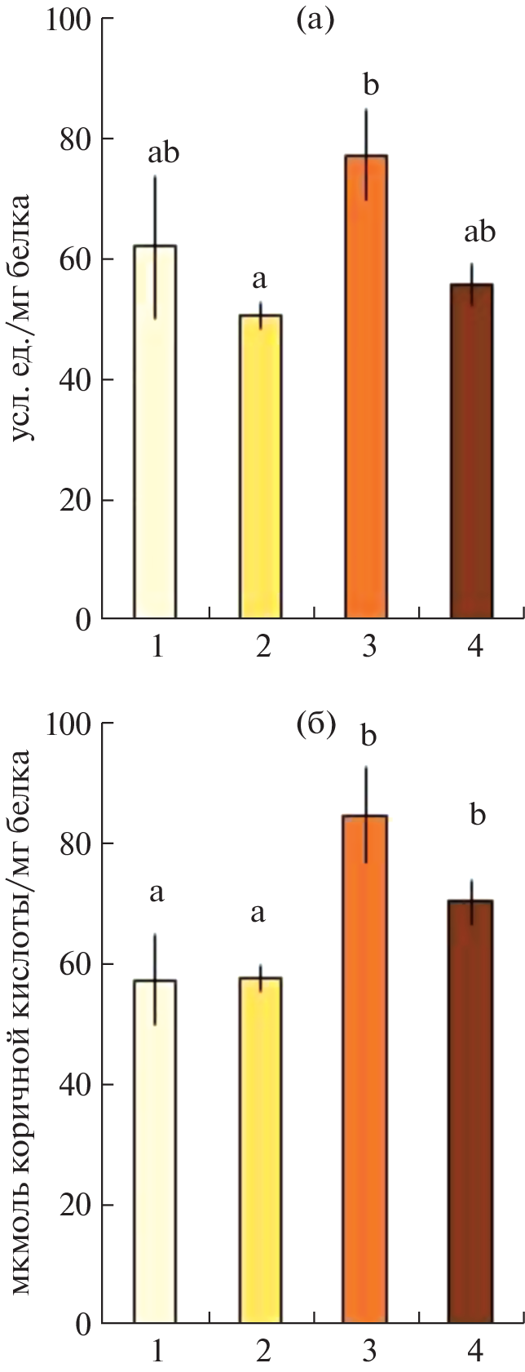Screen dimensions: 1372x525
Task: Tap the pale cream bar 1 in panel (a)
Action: (x=155, y=432)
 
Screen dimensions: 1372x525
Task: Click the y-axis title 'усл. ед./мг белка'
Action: (x=24, y=318)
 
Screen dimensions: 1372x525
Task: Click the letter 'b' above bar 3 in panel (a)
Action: (x=371, y=84)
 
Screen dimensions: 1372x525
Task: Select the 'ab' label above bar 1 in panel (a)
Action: (x=163, y=153)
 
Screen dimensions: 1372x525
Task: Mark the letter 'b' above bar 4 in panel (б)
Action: (x=478, y=813)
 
